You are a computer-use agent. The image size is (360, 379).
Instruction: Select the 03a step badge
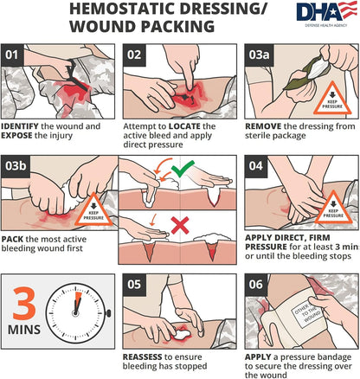coord(259,55)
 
